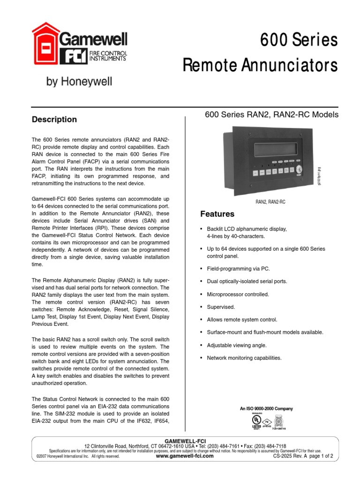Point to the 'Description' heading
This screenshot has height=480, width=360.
pos(54,120)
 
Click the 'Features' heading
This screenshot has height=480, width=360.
pos(217,214)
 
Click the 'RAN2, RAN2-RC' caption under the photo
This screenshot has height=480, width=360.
pos(270,202)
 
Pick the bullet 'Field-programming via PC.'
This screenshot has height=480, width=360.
pos(238,269)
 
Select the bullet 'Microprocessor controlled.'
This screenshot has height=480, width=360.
pos(238,294)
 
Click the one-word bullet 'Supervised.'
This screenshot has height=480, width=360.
pos(221,307)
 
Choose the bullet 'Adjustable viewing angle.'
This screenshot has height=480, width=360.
pos(237,345)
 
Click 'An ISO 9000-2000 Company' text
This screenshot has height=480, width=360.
pos(266,409)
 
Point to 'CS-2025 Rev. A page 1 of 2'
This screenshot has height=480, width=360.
pos(302,456)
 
